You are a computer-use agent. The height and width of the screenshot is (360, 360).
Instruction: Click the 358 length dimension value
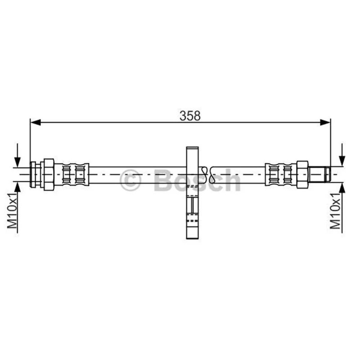[x=190, y=116]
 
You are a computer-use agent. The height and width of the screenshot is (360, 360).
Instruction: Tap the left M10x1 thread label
[x=12, y=211]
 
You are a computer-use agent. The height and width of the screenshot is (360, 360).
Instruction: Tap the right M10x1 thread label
[x=335, y=211]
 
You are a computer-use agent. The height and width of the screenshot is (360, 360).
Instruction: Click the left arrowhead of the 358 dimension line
[x=36, y=122]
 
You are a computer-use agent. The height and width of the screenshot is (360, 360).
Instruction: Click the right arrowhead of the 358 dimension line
[x=325, y=122]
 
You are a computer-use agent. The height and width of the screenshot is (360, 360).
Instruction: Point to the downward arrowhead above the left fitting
[x=18, y=162]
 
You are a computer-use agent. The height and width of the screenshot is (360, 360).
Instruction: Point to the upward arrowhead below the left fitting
[x=18, y=187]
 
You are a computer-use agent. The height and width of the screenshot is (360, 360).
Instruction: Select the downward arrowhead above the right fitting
[x=342, y=161]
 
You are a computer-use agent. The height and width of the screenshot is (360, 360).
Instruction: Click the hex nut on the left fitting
[x=49, y=175]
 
